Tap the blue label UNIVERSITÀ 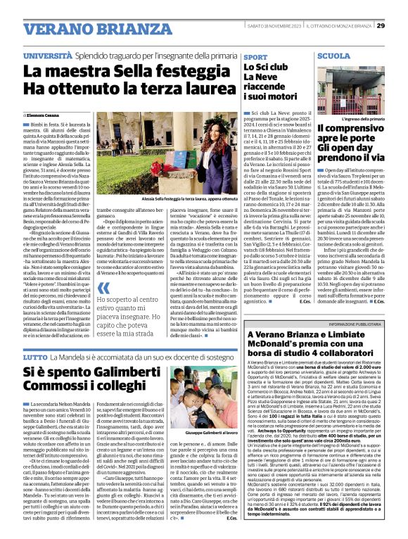coord(47,55)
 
